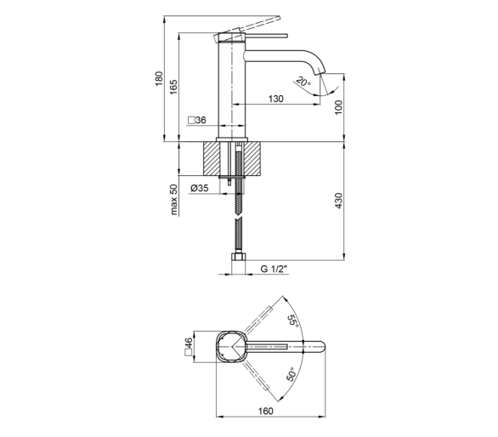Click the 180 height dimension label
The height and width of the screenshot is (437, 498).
(x=159, y=78)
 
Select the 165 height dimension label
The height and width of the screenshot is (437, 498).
(x=173, y=87)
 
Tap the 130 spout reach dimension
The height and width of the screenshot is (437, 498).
(x=275, y=99)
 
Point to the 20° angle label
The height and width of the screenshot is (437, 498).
(x=303, y=82)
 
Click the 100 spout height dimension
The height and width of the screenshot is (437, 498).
(x=338, y=107)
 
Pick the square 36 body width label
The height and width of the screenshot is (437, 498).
(x=197, y=120)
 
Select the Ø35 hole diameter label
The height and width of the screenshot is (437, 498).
(x=200, y=188)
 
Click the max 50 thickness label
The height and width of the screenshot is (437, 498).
(x=173, y=200)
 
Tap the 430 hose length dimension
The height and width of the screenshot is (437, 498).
(x=338, y=201)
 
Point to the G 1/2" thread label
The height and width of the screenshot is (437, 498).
(x=274, y=269)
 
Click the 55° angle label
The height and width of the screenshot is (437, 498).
(x=293, y=321)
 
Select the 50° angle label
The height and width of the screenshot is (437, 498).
(x=291, y=374)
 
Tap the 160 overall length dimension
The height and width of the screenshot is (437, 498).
(x=265, y=411)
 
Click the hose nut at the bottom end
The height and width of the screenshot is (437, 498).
(x=238, y=256)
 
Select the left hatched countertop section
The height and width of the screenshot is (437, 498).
(x=211, y=158)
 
